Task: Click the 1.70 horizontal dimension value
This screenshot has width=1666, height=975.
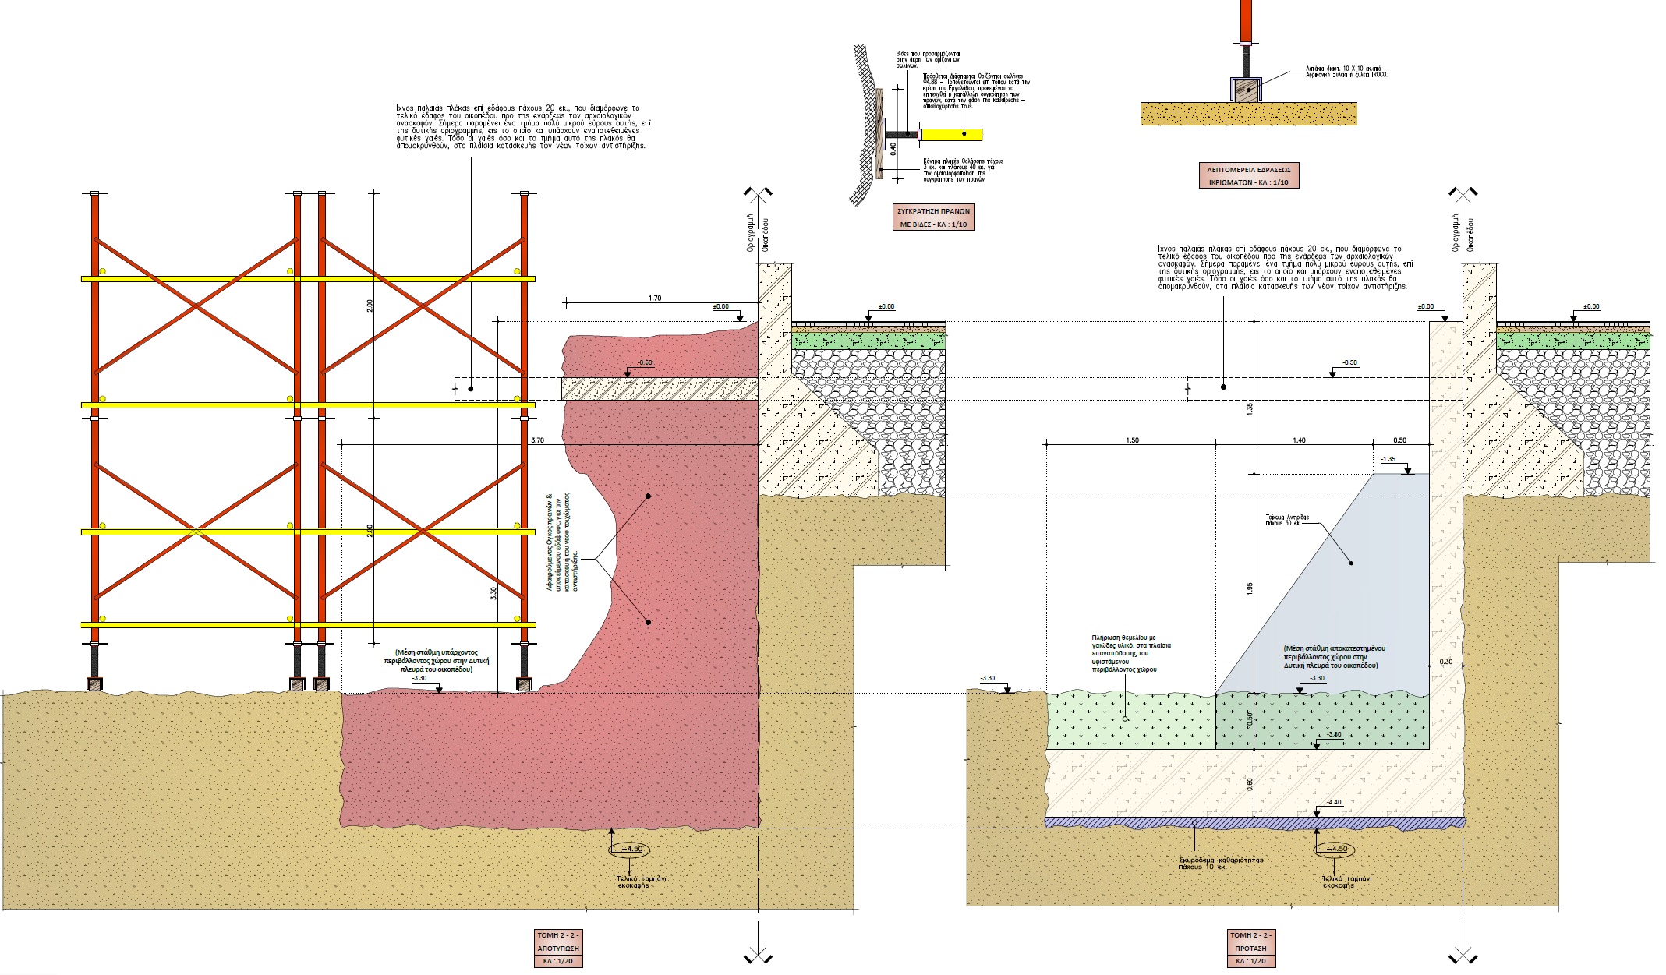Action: coord(654,298)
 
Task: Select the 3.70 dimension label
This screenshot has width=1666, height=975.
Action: coord(537,440)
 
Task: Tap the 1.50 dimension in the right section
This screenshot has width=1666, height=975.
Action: coord(1132,440)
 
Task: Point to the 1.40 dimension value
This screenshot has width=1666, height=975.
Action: coord(1299,440)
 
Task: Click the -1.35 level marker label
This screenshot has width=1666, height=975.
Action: coord(1388,459)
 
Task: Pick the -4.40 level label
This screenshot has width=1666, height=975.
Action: coord(1334,802)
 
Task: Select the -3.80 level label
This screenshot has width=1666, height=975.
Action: coord(1334,734)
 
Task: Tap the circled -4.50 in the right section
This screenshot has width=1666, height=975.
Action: coord(1334,849)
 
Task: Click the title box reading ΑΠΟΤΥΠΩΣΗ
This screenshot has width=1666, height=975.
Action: coord(558,948)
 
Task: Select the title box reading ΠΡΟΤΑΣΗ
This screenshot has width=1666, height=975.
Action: coord(1250,948)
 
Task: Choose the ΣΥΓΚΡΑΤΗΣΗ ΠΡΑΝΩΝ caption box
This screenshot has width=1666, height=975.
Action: coord(933,217)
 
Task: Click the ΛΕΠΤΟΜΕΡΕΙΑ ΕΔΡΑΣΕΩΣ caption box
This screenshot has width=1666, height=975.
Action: coord(1248,175)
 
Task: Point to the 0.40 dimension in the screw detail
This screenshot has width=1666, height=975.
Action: coord(893,147)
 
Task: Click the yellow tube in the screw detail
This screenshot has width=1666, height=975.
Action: coord(951,134)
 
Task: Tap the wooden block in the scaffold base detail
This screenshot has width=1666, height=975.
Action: coord(1245,90)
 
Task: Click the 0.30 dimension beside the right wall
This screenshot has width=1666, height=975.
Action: coord(1446,662)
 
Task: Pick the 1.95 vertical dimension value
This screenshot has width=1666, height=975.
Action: coord(1250,588)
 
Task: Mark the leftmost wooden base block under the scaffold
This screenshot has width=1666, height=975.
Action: coord(94,684)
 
